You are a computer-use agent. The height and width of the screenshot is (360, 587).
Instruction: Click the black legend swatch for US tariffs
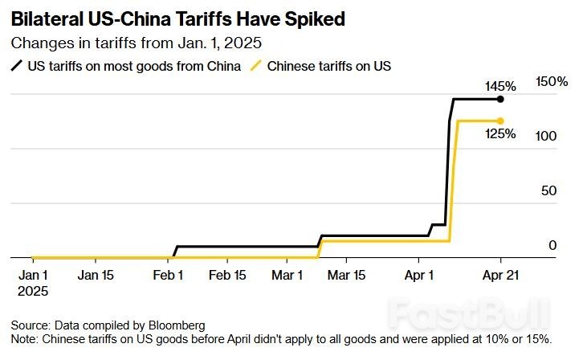coord(18,66)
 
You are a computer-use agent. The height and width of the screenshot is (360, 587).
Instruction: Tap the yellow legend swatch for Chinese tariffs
coord(257,66)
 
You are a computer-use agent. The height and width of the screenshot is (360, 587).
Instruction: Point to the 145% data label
coord(499,85)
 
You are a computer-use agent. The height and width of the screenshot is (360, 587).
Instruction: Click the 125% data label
coord(499,134)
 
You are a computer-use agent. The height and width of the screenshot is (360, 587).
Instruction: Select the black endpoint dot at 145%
coord(500,99)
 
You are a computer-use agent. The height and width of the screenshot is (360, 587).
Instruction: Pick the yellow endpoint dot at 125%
coord(500,121)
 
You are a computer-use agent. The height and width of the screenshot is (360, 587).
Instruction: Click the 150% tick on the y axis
coord(552,82)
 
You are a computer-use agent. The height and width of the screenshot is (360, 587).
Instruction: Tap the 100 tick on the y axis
coord(547,137)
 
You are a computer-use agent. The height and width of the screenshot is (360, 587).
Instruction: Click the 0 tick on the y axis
coord(552,245)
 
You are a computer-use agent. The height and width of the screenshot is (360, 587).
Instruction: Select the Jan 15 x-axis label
coord(95,275)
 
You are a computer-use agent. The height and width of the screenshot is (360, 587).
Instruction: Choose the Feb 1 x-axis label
coord(168,275)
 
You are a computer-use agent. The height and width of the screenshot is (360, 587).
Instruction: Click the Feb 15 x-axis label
coord(227,275)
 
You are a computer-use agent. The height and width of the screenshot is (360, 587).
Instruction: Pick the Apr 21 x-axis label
coord(499,275)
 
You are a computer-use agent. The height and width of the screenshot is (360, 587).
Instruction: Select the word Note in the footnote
coord(24,338)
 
